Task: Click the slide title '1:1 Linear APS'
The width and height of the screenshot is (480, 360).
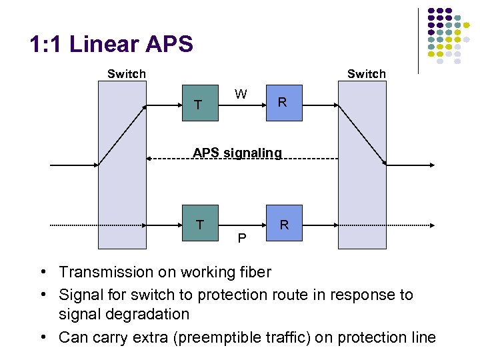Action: (x=111, y=45)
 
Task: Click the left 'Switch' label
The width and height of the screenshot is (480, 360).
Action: (x=126, y=74)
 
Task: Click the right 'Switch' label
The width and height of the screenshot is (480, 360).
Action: (x=366, y=74)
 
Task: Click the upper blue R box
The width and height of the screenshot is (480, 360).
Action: (x=284, y=103)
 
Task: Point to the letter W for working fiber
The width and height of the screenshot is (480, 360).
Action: (x=241, y=94)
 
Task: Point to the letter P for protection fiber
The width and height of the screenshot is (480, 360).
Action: (x=242, y=238)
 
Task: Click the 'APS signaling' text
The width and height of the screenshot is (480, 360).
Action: (x=237, y=153)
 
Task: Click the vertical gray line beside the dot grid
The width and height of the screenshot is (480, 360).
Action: (x=419, y=40)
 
